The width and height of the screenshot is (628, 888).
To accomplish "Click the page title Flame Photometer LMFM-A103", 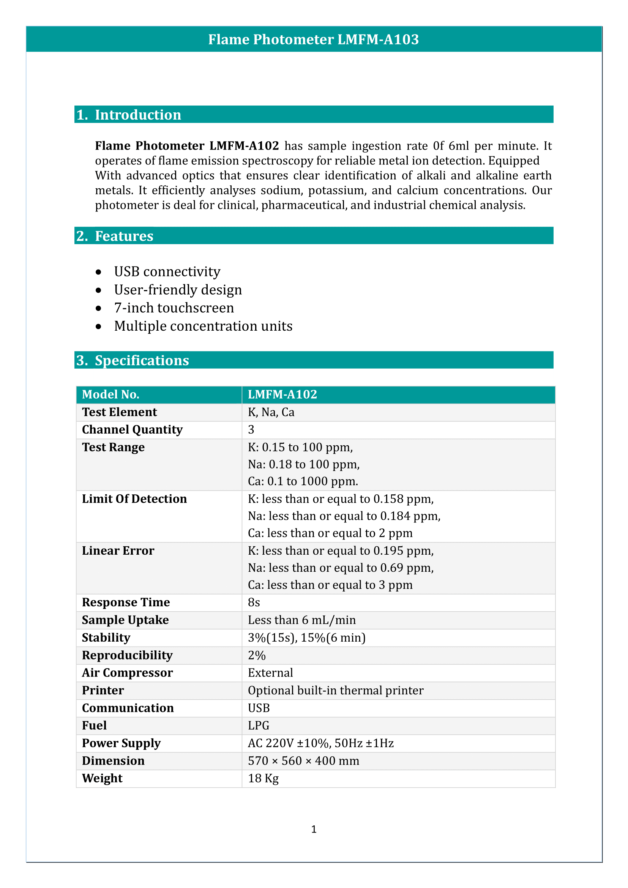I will (313, 39).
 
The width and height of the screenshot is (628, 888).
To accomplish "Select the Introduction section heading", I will (138, 115).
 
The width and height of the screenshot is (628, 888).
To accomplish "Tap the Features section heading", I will (124, 236).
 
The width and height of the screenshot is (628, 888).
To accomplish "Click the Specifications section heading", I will (142, 360).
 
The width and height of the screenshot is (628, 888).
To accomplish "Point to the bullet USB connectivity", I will (167, 272).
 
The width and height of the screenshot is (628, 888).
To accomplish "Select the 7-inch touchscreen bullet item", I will (174, 308).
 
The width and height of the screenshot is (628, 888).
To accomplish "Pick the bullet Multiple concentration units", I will (203, 326).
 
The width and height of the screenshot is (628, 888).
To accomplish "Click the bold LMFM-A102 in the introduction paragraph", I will (244, 146).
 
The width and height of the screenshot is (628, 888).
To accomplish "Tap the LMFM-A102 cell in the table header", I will (282, 394).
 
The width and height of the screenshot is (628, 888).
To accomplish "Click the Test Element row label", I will (120, 412).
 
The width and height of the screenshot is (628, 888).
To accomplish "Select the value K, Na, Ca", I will (271, 412).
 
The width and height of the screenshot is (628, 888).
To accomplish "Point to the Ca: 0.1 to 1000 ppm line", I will (303, 481).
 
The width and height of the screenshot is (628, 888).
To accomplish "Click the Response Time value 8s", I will (254, 603).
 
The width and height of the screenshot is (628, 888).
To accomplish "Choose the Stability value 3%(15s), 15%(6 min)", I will (307, 638).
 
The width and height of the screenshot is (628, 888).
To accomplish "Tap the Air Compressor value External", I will (270, 673).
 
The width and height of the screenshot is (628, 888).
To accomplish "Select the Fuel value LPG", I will (259, 726).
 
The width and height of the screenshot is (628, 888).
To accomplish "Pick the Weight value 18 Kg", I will (264, 779).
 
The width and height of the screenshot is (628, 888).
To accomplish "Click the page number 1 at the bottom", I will (314, 829).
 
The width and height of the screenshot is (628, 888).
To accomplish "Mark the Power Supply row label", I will (121, 743).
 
